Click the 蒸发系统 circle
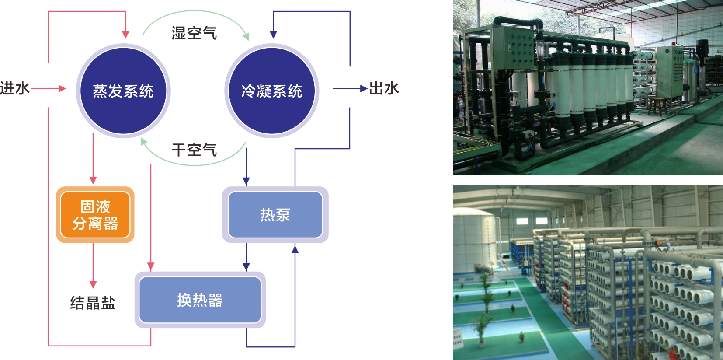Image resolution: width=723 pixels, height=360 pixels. coord(123,91)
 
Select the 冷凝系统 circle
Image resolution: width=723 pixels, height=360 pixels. coord(271,91)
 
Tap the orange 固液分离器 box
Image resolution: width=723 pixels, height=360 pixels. coord(95,215)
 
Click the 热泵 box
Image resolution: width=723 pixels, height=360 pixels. coord(275,215)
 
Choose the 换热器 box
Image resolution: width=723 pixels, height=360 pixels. coord(200,300)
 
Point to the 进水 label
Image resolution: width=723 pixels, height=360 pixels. coord(15,88)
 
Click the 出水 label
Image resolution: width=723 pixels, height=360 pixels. coord(384,88)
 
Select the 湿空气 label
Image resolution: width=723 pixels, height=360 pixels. coord(194,33)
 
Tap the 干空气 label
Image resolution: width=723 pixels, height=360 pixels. coord(194,150)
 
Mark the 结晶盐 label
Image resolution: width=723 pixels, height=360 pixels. coord(93,303)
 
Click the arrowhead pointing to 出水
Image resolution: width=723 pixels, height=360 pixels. coord(364,89)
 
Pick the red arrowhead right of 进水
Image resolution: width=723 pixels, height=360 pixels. coord(62,89)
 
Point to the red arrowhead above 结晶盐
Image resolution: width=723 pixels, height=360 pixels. coord(93,284)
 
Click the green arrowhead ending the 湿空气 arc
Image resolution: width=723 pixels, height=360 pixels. coord(247,36)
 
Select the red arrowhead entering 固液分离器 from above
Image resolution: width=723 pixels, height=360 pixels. coord(93,180)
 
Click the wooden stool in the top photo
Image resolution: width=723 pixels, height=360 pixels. coord(658,105)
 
